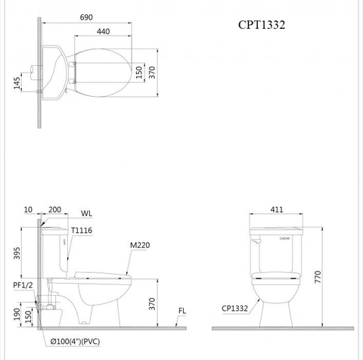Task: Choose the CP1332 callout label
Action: coord(237,309)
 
